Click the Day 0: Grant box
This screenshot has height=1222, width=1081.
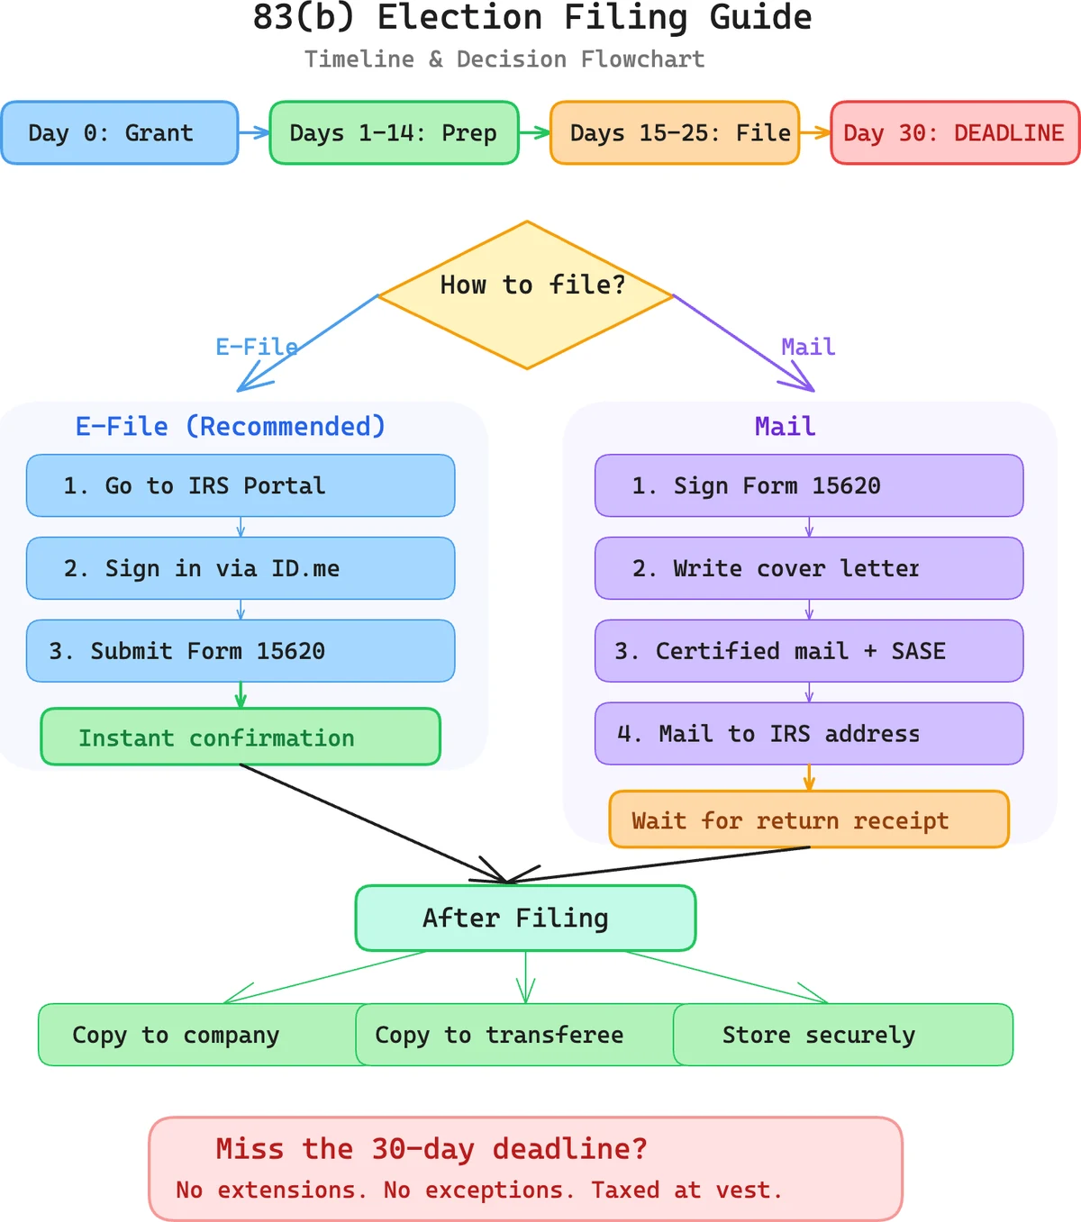point(120,133)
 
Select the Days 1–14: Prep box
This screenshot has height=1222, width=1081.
point(394,133)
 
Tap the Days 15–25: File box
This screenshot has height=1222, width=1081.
point(675,133)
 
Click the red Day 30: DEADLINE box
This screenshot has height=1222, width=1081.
point(954,133)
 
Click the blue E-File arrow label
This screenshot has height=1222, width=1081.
point(256,347)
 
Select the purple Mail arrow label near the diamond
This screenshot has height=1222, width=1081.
point(808,347)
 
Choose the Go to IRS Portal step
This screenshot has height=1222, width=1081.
point(241,485)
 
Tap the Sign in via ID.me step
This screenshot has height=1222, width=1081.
point(241,568)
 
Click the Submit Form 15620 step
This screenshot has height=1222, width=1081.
point(241,650)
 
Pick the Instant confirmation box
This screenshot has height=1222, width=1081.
point(241,738)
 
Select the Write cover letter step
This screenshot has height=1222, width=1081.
point(809,568)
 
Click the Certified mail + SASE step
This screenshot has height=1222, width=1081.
point(809,650)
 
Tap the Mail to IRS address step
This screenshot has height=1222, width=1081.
point(809,734)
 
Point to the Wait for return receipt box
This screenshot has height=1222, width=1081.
point(809,819)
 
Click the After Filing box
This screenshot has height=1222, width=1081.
point(525,918)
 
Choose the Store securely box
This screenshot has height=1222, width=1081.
point(842,1035)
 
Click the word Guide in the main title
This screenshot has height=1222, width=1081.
point(760,18)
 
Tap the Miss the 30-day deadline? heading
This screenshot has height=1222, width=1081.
point(431,1149)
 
